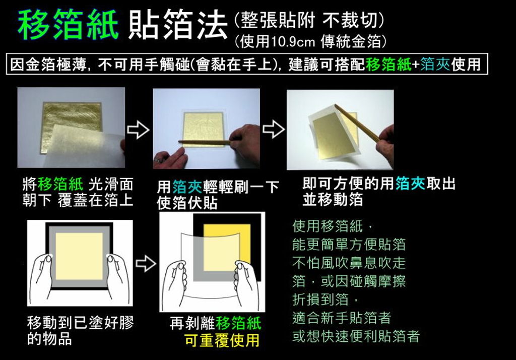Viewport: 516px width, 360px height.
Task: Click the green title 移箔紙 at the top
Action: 68,25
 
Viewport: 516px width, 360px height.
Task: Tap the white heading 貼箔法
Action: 178,25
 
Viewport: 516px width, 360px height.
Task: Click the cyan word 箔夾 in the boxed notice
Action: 435,64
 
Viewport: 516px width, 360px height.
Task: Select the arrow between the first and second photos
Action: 138,129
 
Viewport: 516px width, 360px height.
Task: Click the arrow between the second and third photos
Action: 274,129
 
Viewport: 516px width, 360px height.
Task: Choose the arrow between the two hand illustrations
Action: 146,263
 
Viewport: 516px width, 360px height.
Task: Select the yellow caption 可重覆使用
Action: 222,340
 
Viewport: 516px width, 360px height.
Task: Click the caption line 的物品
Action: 50,339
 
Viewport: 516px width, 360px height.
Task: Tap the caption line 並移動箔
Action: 333,200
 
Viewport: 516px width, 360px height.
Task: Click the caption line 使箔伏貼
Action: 187,203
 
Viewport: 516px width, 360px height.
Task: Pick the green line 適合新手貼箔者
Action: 342,318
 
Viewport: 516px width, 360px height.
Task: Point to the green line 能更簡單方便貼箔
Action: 349,245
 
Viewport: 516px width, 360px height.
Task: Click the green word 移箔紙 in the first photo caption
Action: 60,184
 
